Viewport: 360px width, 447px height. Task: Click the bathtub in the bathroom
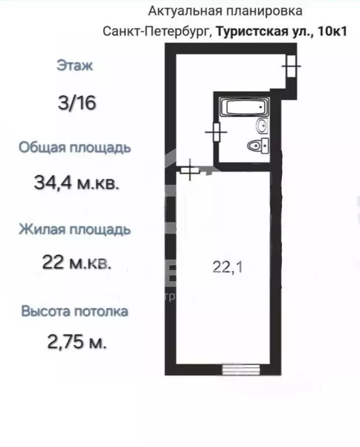tap(243, 107)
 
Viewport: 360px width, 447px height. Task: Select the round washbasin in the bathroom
tap(262, 125)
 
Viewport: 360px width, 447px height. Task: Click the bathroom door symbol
tap(216, 132)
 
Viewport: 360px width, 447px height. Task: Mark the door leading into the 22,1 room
tap(190, 170)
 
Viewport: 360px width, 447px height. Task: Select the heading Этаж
tap(75, 66)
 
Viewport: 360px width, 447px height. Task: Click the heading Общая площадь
tap(75, 147)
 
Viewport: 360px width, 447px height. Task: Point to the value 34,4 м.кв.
tap(77, 184)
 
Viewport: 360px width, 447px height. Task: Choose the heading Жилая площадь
tap(75, 229)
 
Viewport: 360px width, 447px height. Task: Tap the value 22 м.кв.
tap(77, 262)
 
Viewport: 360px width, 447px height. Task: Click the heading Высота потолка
tap(75, 311)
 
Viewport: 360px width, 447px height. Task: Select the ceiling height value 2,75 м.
tap(77, 342)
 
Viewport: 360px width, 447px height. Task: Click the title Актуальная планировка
tap(225, 10)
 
